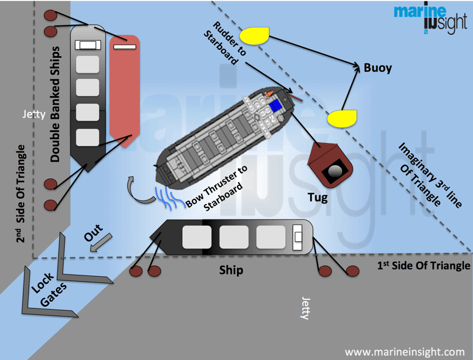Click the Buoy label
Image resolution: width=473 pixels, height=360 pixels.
(x=378, y=68)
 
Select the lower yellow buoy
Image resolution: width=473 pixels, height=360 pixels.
(x=341, y=118)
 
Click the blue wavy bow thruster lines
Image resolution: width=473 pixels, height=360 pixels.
(x=169, y=195)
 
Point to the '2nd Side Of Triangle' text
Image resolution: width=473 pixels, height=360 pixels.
(x=22, y=194)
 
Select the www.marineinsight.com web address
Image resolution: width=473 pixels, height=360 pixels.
(x=405, y=351)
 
